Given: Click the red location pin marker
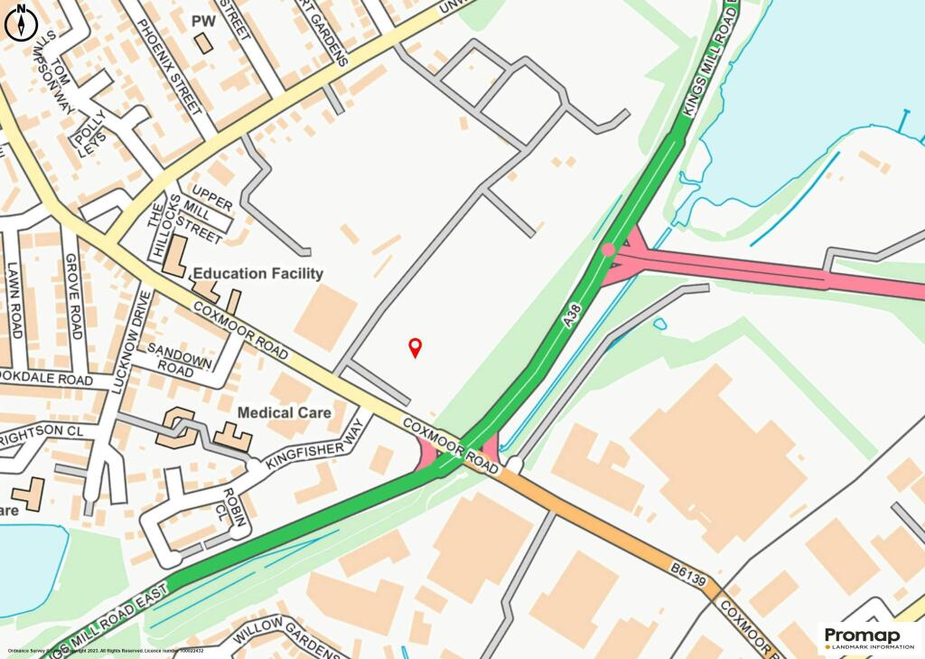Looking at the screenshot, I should pyautogui.click(x=416, y=346).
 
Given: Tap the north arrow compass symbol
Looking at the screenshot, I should pyautogui.click(x=20, y=23).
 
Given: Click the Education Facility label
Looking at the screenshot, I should pyautogui.click(x=257, y=273).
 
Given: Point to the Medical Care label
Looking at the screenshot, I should pyautogui.click(x=278, y=412).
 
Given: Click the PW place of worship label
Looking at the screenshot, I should pyautogui.click(x=205, y=20).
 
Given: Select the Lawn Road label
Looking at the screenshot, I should pyautogui.click(x=14, y=299).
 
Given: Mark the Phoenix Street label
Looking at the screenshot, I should pyautogui.click(x=168, y=64).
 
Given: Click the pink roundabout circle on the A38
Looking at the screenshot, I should pyautogui.click(x=609, y=249).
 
